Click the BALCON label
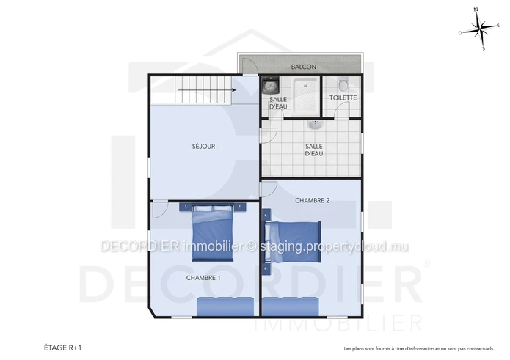tap(304, 67)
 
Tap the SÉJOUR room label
tap(203, 146)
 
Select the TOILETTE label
tap(343, 98)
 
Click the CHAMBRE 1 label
tap(203, 278)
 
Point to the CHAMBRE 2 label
tap(313, 200)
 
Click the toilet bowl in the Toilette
tap(343, 85)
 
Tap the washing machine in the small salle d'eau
tap(270, 86)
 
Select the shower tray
tap(305, 96)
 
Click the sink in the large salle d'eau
tap(315, 125)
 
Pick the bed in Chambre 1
tap(213, 232)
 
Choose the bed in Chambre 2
tap(292, 242)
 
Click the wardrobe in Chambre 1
tap(225, 306)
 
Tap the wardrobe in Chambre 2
tap(291, 306)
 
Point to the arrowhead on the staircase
tap(234, 90)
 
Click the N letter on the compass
tap(476, 10)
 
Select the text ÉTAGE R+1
tap(63, 348)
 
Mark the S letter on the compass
tap(484, 48)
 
